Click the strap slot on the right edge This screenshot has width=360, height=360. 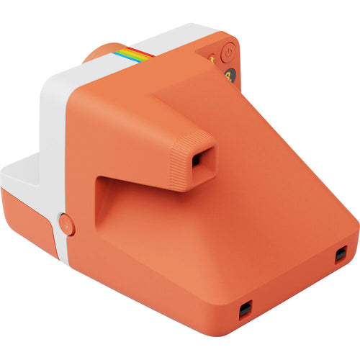[341, 253]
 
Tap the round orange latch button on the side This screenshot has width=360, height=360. [65, 224]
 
